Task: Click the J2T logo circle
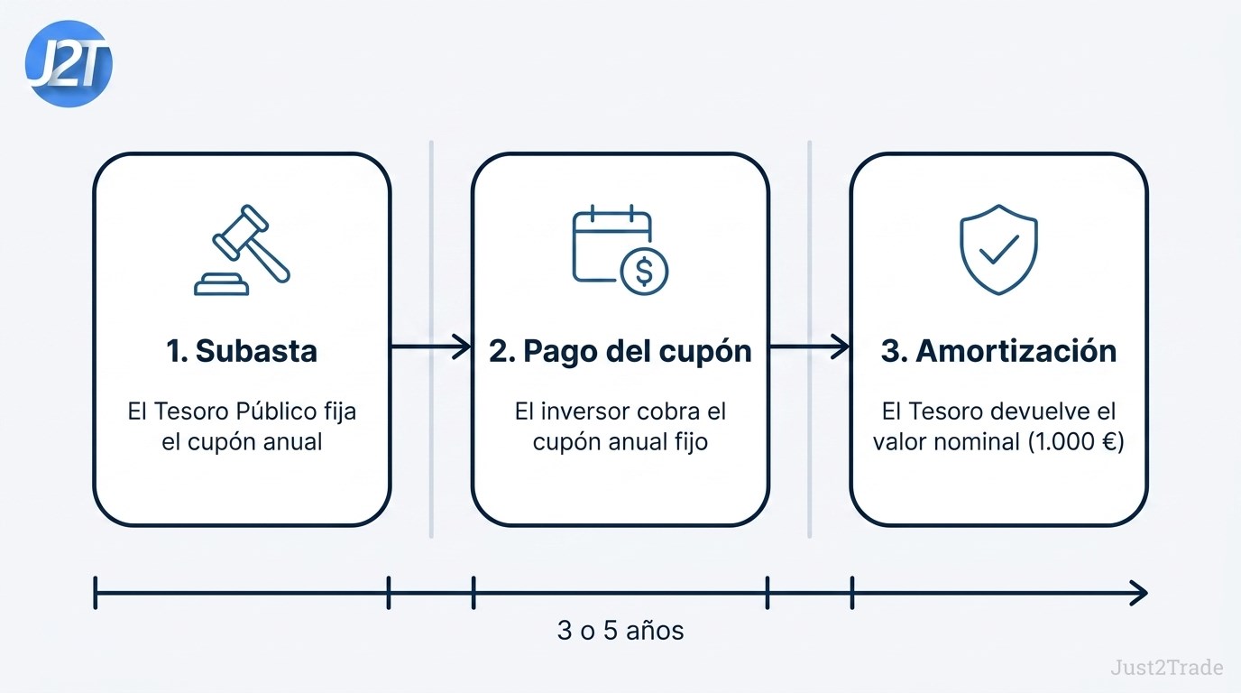(69, 64)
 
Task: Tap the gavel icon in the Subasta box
(242, 250)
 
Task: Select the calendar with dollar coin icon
(620, 249)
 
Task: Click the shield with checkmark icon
(998, 249)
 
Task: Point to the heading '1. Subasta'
(242, 351)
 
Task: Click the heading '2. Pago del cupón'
(620, 352)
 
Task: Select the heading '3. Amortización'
(998, 351)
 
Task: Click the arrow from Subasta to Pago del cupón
(431, 347)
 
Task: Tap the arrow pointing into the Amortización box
(809, 347)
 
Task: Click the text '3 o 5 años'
(620, 631)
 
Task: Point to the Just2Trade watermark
(1167, 667)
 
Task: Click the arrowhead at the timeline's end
(1138, 593)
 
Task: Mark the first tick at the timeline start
(96, 593)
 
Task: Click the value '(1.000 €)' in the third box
(1076, 442)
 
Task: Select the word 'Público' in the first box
(276, 411)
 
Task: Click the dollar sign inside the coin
(644, 271)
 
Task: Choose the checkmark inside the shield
(999, 249)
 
